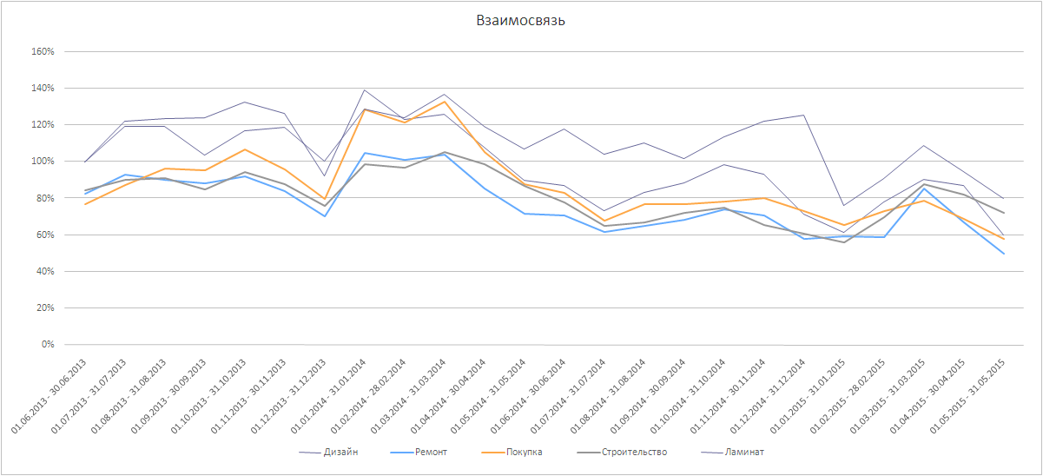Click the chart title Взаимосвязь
click(521, 20)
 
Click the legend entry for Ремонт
click(430, 452)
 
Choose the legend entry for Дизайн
click(340, 452)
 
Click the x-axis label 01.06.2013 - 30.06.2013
click(49, 394)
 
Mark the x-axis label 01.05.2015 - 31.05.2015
click(967, 394)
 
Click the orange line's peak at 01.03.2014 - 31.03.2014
click(445, 102)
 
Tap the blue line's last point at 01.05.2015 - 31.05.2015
click(1004, 254)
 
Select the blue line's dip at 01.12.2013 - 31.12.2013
click(325, 216)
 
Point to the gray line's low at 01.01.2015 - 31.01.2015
click(844, 242)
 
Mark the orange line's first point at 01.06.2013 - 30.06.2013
click(85, 204)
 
